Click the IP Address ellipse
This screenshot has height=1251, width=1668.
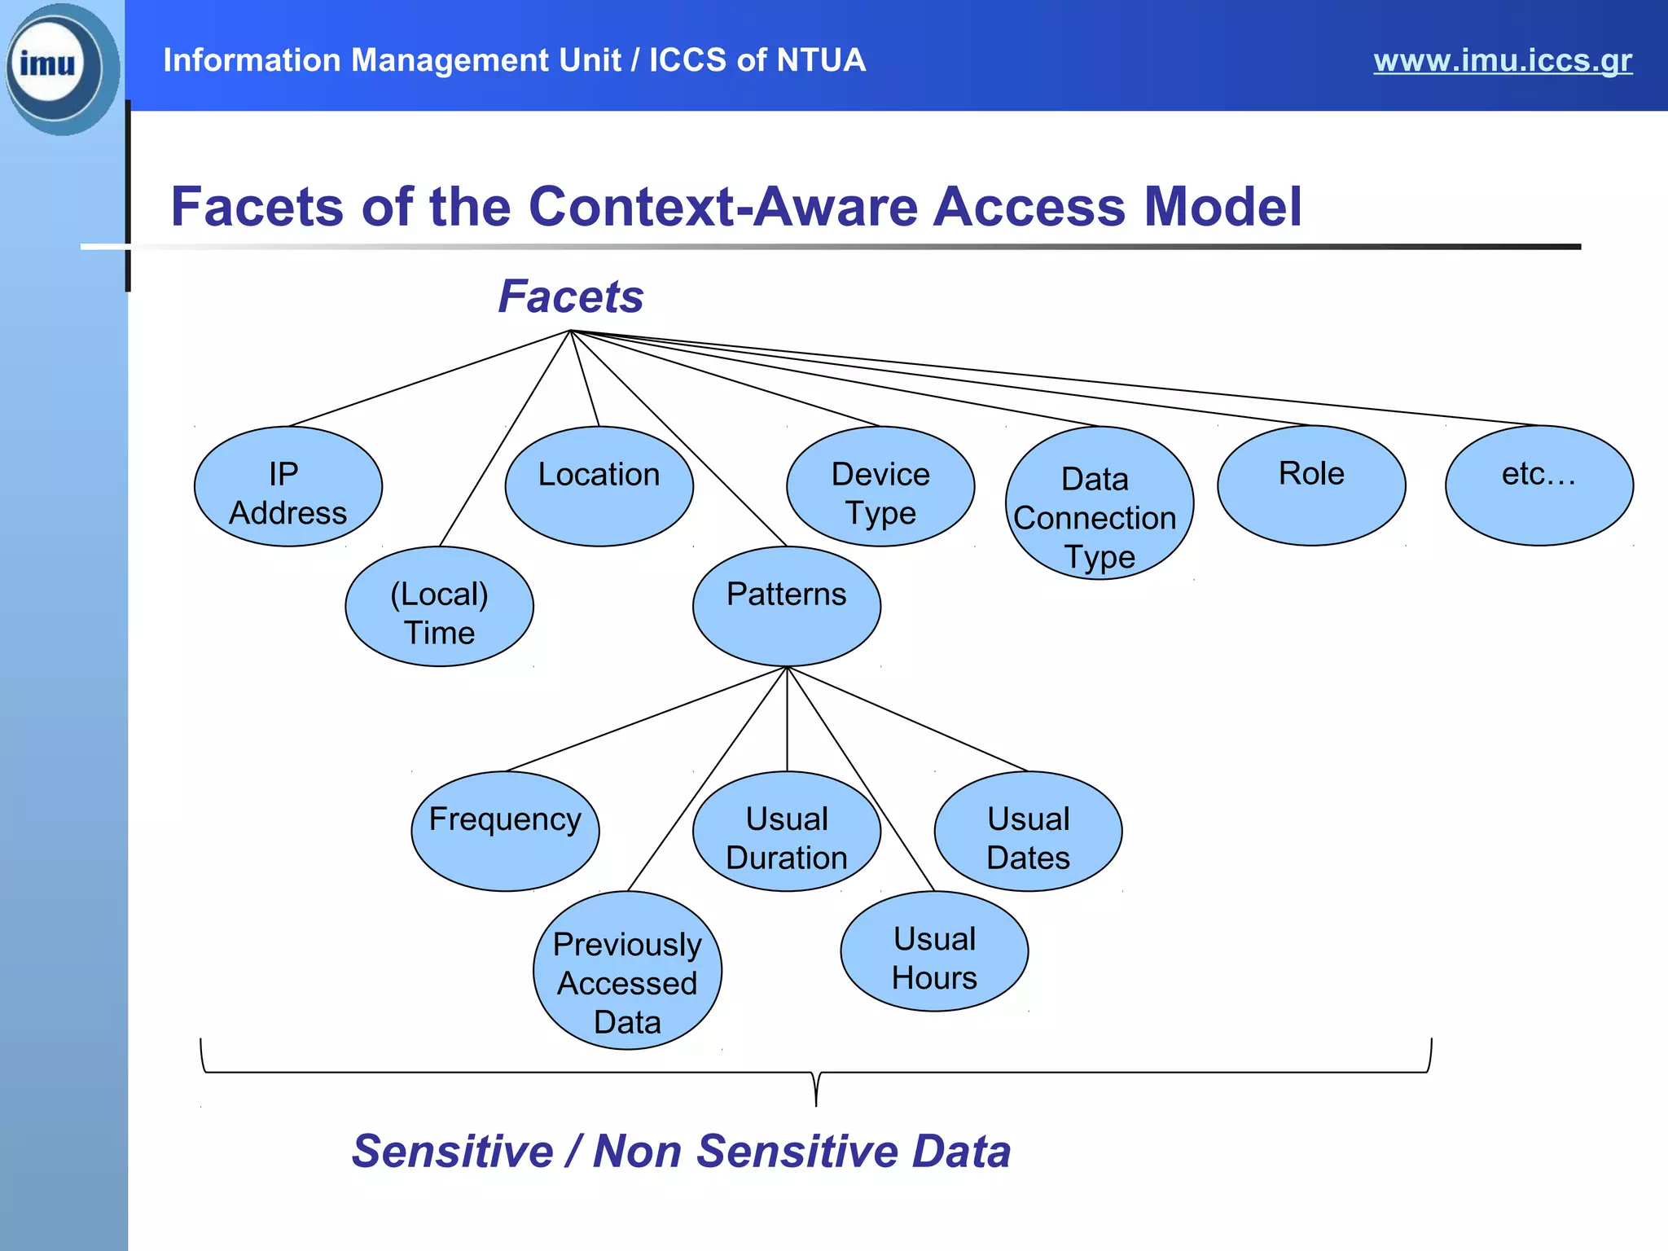[288, 486]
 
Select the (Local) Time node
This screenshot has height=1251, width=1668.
[440, 607]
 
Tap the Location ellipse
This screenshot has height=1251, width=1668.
[599, 486]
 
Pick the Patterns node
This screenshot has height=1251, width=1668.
[787, 607]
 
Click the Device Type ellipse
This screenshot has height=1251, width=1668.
[880, 486]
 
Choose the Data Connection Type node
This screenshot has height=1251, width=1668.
[1100, 503]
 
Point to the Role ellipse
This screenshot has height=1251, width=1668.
[1311, 485]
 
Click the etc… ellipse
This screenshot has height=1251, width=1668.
[1539, 485]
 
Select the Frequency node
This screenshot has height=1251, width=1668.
[505, 832]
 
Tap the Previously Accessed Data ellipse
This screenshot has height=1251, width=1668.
[627, 971]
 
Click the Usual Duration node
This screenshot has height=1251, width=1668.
[787, 832]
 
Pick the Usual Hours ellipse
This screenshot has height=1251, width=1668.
[934, 951]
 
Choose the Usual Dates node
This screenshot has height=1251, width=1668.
[1028, 832]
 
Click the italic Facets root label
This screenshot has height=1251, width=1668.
[571, 296]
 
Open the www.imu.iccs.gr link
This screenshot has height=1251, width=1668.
[1503, 60]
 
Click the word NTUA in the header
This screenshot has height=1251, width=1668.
[820, 60]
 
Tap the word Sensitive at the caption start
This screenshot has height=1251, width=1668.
[453, 1152]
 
